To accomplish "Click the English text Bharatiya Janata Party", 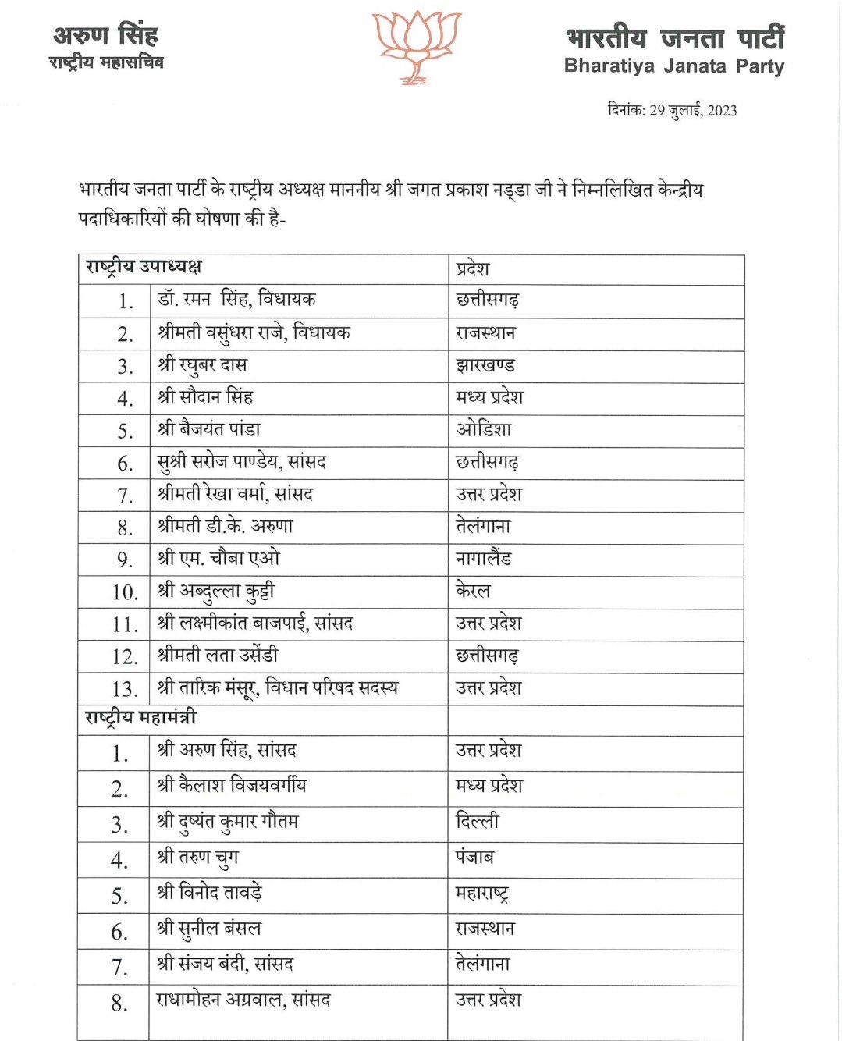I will tap(673, 66).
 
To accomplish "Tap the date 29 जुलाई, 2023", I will tap(693, 110).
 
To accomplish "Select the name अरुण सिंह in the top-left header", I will tap(105, 35).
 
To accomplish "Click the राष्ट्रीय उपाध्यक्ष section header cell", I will tap(144, 267).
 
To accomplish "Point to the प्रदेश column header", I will tap(473, 268).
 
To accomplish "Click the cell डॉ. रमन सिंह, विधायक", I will tap(236, 300).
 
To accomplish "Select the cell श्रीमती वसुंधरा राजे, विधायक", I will tap(254, 333).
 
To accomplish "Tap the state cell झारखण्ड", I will tap(485, 365).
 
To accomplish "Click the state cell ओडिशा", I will tap(484, 429).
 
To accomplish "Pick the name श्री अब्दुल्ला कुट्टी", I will tap(215, 592).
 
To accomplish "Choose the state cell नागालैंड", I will tap(484, 559).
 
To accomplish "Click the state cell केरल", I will tap(473, 591).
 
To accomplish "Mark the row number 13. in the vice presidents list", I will tap(125, 689).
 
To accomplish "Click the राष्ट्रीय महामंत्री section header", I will tap(140, 718).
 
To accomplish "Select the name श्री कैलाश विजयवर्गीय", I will tap(232, 785).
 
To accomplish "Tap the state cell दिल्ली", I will tap(477, 821).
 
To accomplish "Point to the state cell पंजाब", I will tap(474, 857).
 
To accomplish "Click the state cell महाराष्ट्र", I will tap(482, 893).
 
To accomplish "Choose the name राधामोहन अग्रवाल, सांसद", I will tap(243, 1000).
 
